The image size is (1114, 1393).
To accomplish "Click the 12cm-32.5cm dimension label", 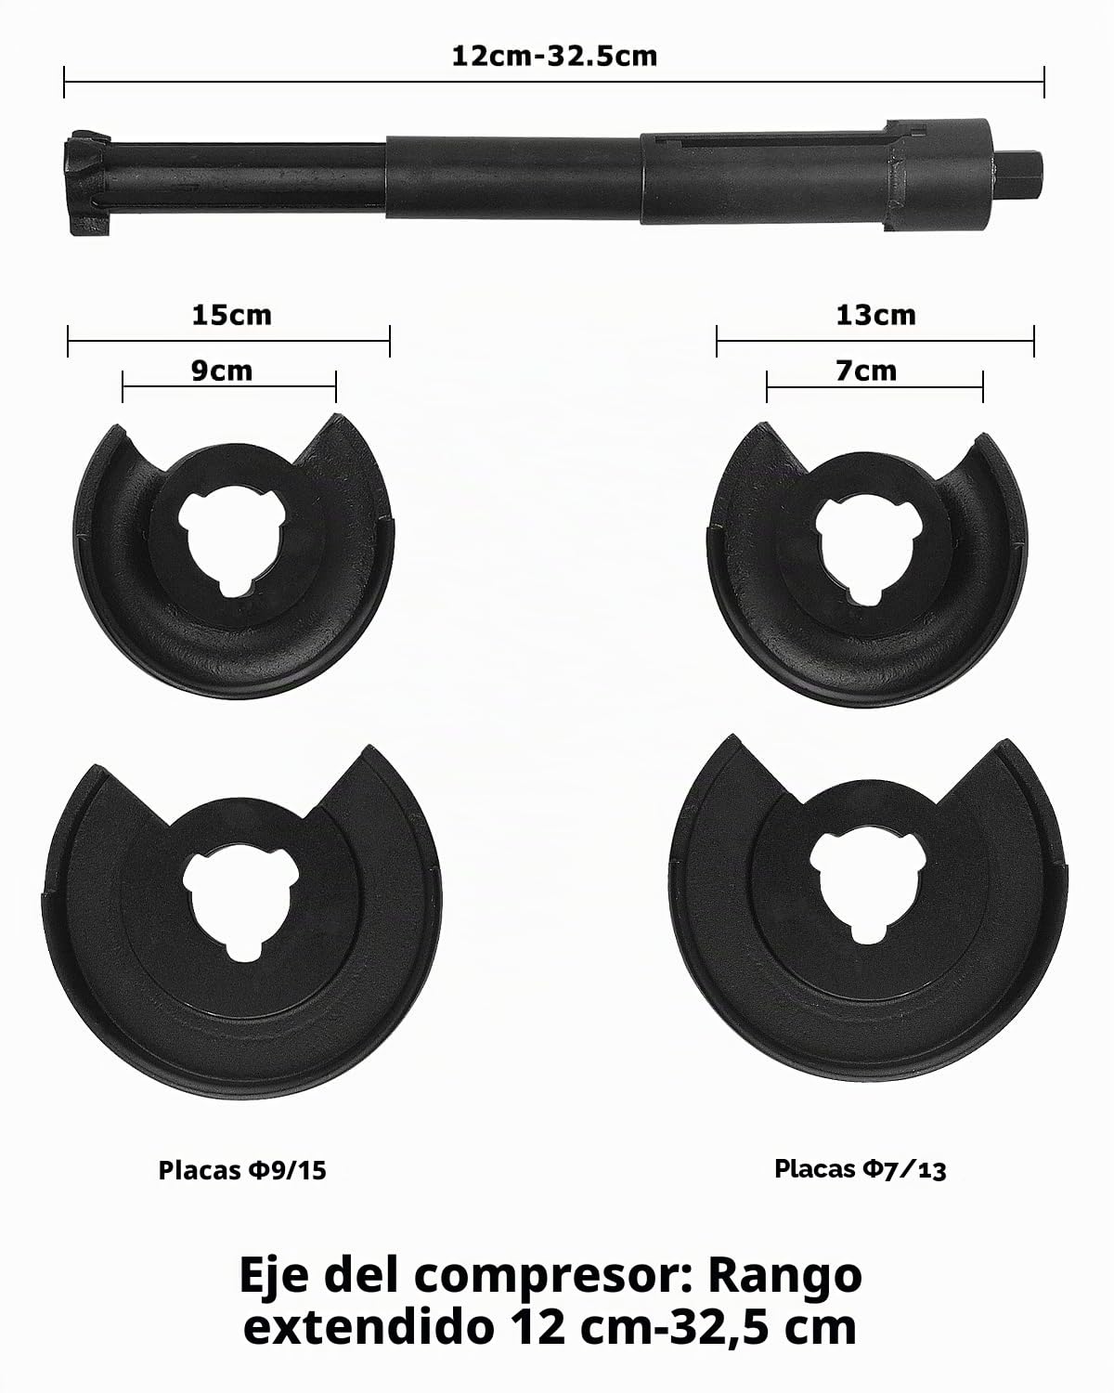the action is tap(554, 57).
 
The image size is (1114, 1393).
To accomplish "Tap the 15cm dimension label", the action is tap(232, 315).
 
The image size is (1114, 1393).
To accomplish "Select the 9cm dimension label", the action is tap(221, 371).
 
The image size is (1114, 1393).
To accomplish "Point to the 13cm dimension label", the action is tap(875, 315).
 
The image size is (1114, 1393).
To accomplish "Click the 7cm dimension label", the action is tap(866, 371).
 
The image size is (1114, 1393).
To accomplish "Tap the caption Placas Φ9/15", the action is tap(242, 1170).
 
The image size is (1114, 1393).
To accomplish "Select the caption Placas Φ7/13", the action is tap(861, 1169).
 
